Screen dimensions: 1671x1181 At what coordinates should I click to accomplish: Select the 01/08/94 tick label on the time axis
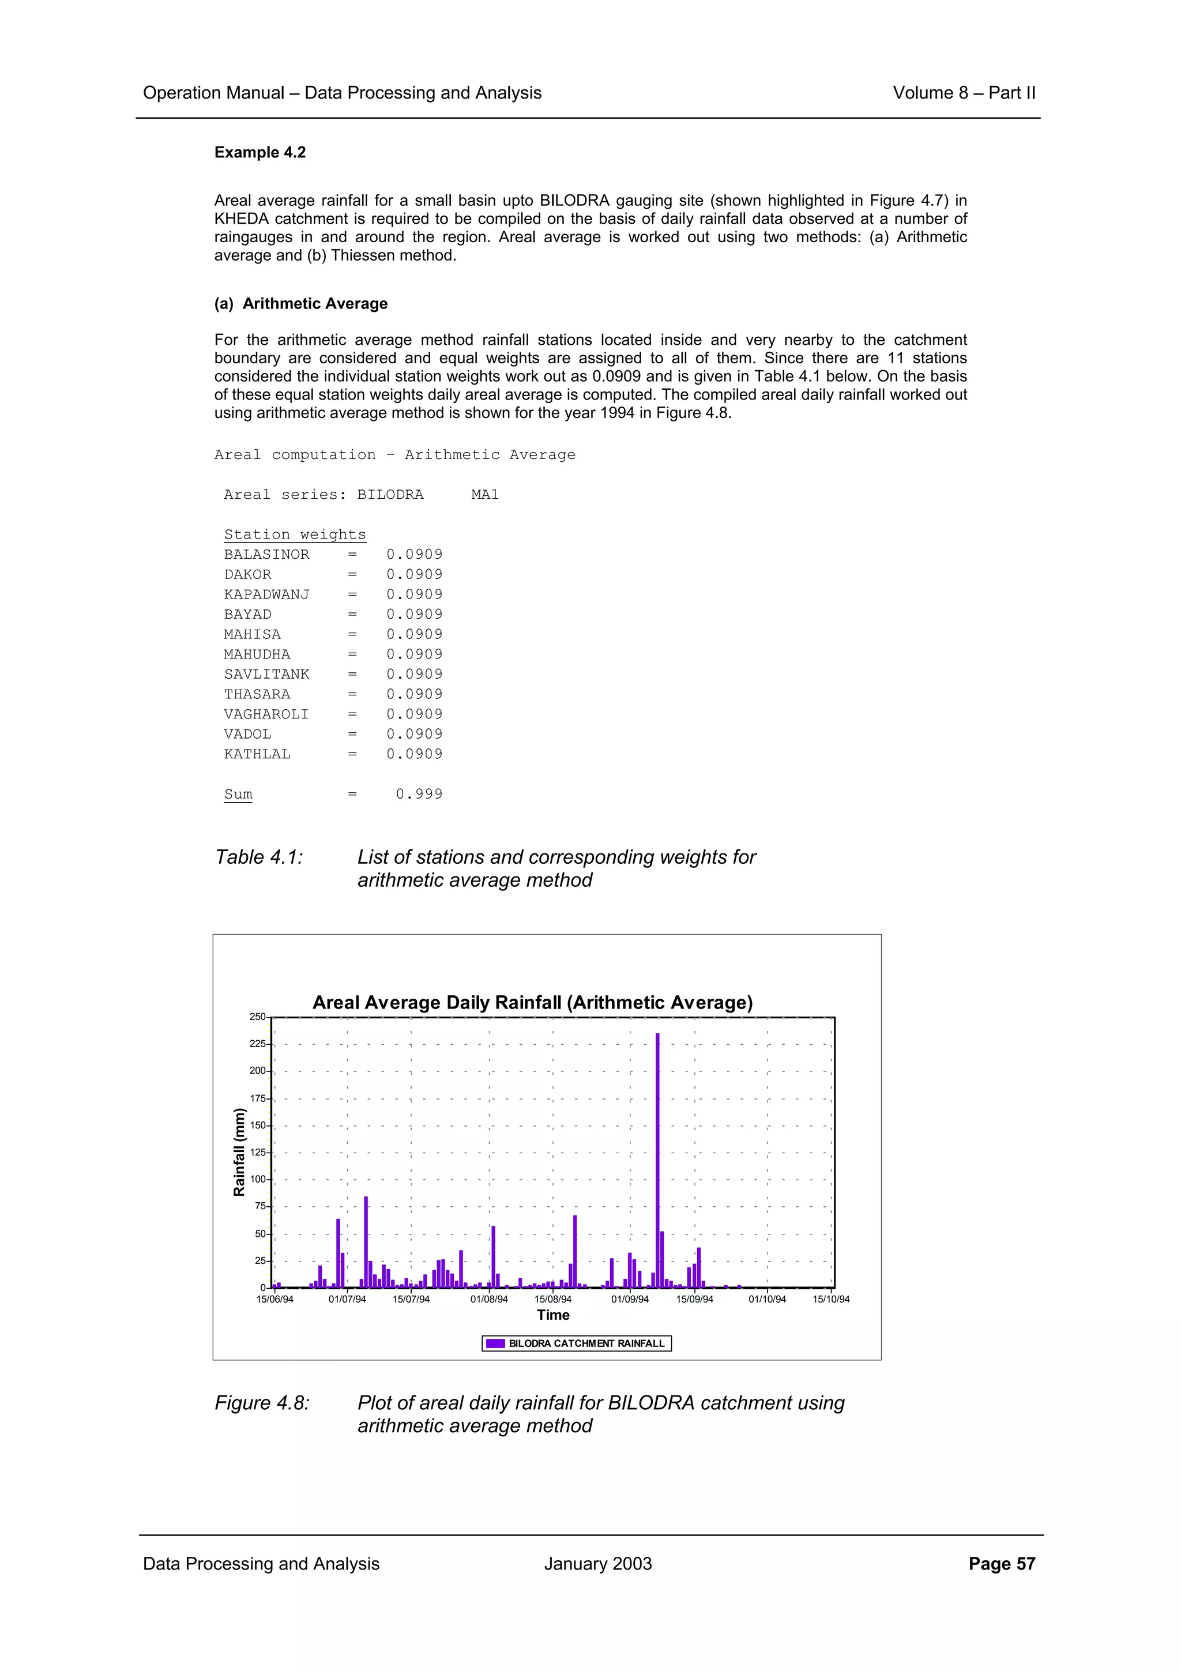[489, 1299]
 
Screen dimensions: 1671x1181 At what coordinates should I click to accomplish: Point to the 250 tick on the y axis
[258, 1017]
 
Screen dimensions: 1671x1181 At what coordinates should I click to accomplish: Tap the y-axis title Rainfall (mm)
[239, 1152]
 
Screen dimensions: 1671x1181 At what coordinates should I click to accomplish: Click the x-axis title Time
[553, 1315]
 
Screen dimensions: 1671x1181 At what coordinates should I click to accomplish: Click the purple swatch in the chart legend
[495, 1343]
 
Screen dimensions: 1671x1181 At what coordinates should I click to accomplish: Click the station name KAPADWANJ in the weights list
[266, 594]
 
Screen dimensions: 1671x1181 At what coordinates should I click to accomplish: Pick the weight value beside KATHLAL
[414, 754]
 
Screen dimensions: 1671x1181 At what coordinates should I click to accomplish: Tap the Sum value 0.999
[419, 794]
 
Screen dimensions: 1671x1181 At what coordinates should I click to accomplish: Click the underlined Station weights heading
[295, 534]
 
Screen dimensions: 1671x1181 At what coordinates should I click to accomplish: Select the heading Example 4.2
[259, 152]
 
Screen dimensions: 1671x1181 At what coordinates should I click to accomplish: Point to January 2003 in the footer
[597, 1564]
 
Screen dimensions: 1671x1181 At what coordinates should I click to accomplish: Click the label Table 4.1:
[258, 857]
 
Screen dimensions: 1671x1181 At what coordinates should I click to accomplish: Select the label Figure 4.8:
[262, 1403]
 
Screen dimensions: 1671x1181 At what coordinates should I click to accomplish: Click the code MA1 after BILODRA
[484, 495]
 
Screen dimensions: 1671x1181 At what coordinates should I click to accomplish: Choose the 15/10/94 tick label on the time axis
[831, 1299]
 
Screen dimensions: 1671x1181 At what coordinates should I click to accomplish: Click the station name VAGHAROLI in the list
[266, 714]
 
